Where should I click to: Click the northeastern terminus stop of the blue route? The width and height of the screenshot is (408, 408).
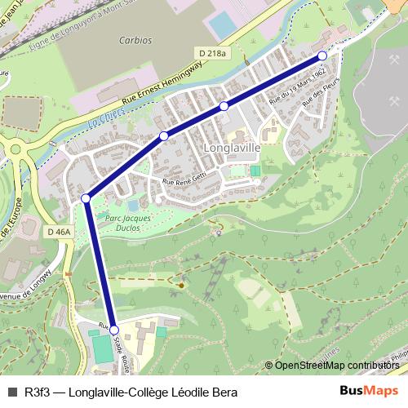click(322, 55)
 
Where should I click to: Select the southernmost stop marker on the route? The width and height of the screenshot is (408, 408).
click(113, 330)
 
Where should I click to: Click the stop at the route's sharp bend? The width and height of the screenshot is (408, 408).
click(86, 198)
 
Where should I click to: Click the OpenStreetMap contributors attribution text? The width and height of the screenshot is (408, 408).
click(337, 366)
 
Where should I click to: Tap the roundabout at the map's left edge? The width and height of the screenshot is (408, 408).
click(16, 149)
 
